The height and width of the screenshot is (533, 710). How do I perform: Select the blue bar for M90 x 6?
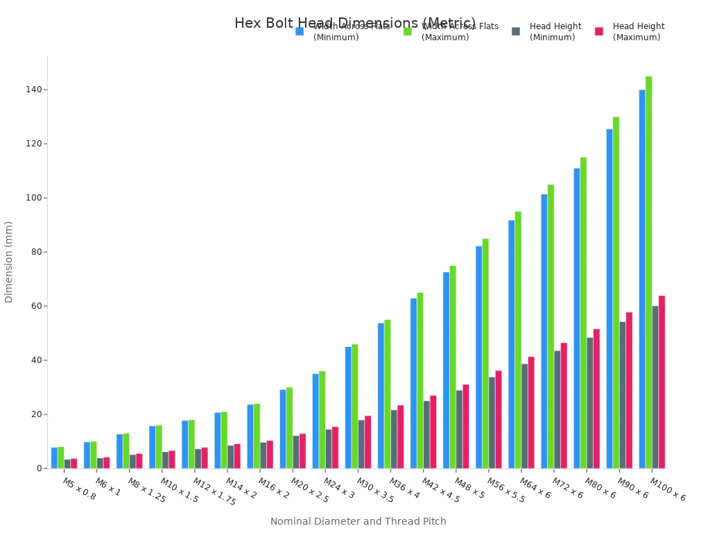609,298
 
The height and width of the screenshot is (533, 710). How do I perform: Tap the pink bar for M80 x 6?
596,398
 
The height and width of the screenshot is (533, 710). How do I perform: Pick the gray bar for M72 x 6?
557,409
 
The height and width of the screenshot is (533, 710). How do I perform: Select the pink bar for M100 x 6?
661,382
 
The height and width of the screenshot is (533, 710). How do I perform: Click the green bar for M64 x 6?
518,340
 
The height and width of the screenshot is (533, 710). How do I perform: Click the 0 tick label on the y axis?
40,468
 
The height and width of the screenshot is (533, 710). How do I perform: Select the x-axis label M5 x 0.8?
79,489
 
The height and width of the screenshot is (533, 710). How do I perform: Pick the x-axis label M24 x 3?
339,489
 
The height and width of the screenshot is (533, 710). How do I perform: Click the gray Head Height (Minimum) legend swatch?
516,31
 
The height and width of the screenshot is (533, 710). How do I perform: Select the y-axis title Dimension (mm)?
9,262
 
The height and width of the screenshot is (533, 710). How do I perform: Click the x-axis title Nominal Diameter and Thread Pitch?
358,521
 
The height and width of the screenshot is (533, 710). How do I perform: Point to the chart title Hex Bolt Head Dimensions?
355,23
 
